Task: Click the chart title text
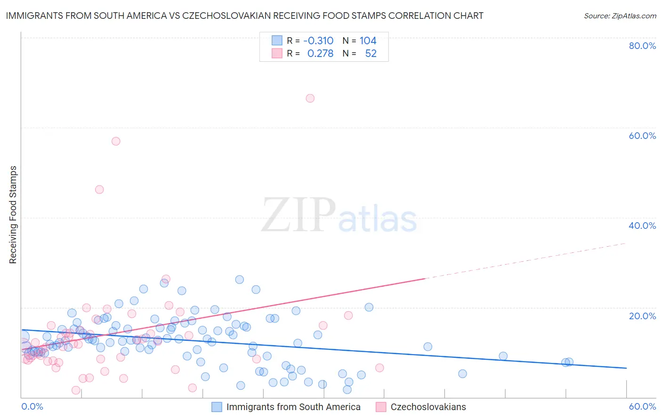(x=244, y=16)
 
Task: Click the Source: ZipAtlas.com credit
(x=620, y=16)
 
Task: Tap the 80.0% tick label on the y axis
(x=642, y=46)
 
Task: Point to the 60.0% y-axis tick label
(x=642, y=136)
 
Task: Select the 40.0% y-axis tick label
(x=642, y=226)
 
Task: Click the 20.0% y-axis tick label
(x=642, y=316)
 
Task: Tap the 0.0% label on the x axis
(x=32, y=406)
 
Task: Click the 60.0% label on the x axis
(x=642, y=406)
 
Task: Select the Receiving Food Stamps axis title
(x=13, y=215)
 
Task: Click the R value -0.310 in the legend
(x=318, y=41)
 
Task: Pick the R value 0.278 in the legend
(x=320, y=54)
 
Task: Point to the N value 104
(x=368, y=41)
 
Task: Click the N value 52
(x=371, y=54)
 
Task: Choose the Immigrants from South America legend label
(x=293, y=407)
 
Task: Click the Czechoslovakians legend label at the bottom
(x=428, y=407)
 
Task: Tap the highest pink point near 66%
(x=310, y=98)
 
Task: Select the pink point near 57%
(x=116, y=141)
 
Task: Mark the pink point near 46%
(x=99, y=189)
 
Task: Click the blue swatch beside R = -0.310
(x=277, y=40)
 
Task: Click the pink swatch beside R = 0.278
(x=277, y=53)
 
